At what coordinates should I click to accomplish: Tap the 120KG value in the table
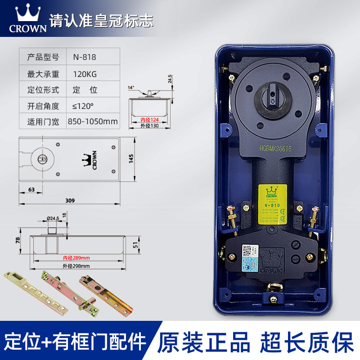click(x=85, y=73)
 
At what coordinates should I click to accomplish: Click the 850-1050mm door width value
click(x=93, y=121)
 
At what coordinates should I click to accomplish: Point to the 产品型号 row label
click(x=43, y=57)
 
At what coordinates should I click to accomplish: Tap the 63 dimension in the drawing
click(x=31, y=189)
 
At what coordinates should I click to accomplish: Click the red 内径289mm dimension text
click(x=76, y=258)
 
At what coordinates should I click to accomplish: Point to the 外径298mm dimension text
click(x=76, y=265)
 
